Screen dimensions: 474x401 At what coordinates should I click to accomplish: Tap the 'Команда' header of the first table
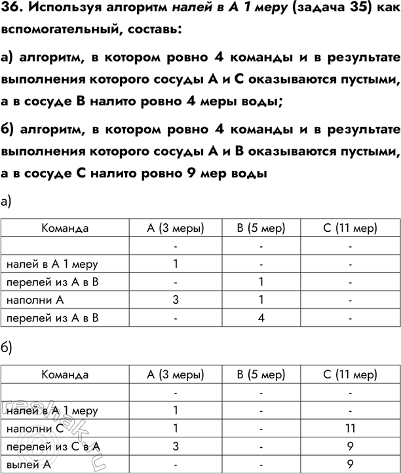65,228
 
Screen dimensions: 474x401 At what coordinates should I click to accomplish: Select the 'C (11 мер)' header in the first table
351,228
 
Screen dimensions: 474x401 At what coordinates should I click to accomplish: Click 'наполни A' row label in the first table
34,301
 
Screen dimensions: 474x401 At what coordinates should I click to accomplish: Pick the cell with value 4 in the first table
261,319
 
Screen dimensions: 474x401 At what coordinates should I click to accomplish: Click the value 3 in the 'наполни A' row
176,301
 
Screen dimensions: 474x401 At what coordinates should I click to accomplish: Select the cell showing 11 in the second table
351,429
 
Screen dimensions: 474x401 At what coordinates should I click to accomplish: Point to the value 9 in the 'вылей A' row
351,464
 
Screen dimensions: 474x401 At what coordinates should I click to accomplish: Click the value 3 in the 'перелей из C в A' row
176,447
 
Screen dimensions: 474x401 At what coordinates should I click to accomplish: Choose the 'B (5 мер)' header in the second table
261,375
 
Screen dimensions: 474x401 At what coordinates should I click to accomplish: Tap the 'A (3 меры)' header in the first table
176,228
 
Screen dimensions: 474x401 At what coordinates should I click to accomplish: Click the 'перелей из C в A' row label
52,447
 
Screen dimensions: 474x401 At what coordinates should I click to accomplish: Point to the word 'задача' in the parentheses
311,10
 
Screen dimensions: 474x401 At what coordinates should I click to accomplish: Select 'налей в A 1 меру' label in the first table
52,264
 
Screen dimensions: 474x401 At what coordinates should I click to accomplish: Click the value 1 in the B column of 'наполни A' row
261,301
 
